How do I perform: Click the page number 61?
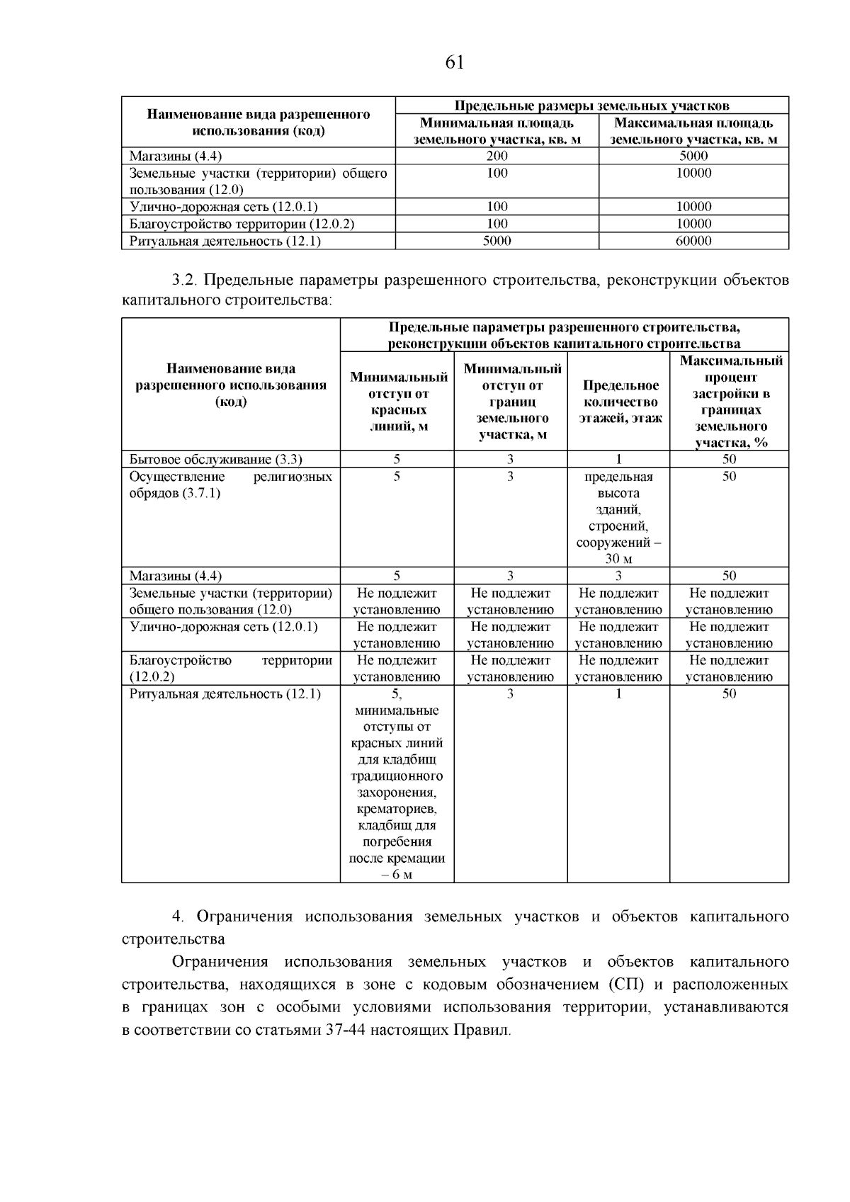(x=455, y=63)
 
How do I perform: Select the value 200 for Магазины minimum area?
(x=497, y=156)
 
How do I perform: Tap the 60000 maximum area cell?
(x=693, y=241)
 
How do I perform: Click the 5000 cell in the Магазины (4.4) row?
(x=693, y=156)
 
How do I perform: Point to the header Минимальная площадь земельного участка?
(x=497, y=131)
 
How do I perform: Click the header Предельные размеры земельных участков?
(x=591, y=106)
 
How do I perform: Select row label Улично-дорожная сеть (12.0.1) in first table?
(x=224, y=207)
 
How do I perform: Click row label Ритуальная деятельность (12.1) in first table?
(x=225, y=241)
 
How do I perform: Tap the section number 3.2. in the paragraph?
(x=187, y=280)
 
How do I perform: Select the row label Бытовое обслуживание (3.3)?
(x=221, y=459)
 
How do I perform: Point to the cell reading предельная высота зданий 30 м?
(x=618, y=517)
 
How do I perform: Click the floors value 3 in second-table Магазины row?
(x=618, y=576)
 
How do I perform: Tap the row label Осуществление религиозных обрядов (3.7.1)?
(x=230, y=484)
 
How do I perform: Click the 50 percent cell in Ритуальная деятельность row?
(x=729, y=694)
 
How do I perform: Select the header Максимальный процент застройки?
(x=731, y=402)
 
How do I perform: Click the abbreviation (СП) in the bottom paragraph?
(x=623, y=985)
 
